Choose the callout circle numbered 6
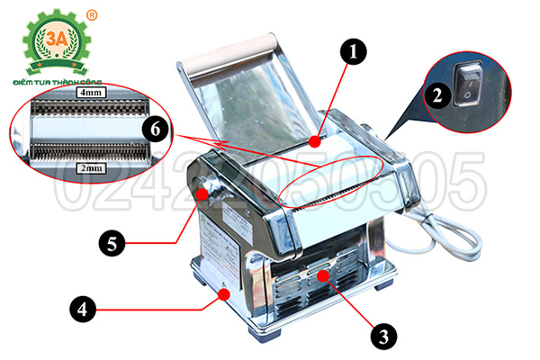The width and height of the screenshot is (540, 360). (x=157, y=130)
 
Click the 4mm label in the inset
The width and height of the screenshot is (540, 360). (x=91, y=93)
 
